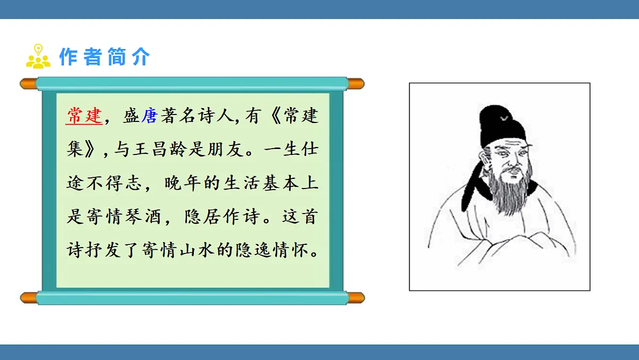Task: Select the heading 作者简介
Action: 104,56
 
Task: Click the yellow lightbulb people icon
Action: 38,56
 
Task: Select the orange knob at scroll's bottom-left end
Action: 28,297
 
